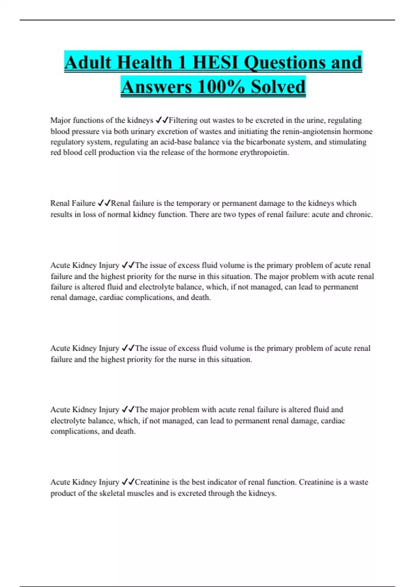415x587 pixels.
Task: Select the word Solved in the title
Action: click(278, 87)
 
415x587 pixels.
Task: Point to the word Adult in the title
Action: click(88, 62)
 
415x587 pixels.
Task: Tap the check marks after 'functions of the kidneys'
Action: click(162, 121)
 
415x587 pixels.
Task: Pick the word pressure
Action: click(85, 131)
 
